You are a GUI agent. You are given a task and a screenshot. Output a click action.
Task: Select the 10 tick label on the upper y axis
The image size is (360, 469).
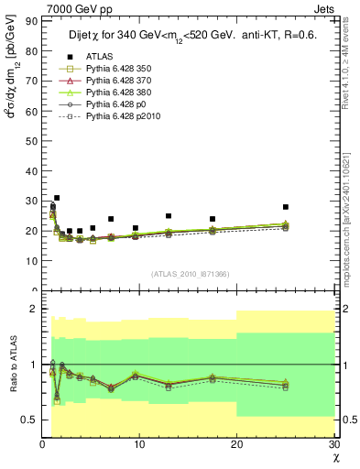pos(33,261)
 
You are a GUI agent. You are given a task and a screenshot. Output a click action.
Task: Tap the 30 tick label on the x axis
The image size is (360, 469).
pos(333,445)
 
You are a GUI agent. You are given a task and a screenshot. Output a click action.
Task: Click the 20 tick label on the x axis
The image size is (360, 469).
pos(236,445)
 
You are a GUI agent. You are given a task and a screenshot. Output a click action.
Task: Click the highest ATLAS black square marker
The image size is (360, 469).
pos(57,198)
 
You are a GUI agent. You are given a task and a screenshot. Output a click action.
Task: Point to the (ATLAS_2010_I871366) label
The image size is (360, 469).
pos(191,274)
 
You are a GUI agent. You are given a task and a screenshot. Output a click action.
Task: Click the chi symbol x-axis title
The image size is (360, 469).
pos(335,458)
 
